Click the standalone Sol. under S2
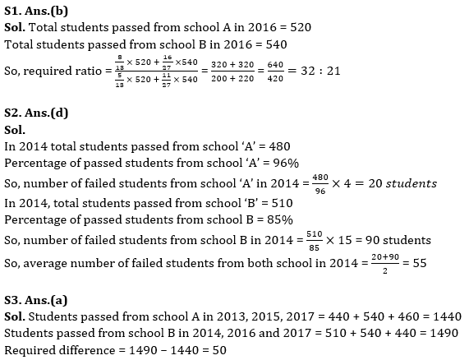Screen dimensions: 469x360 point(16,130)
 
